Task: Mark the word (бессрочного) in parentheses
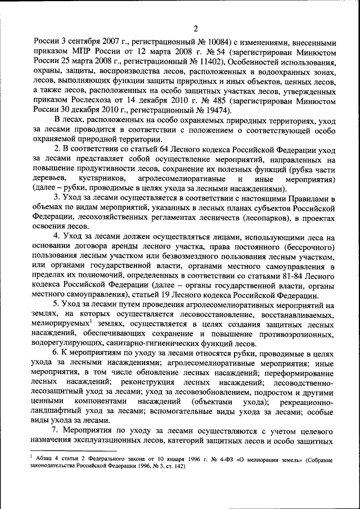pyautogui.click(x=306, y=247)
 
